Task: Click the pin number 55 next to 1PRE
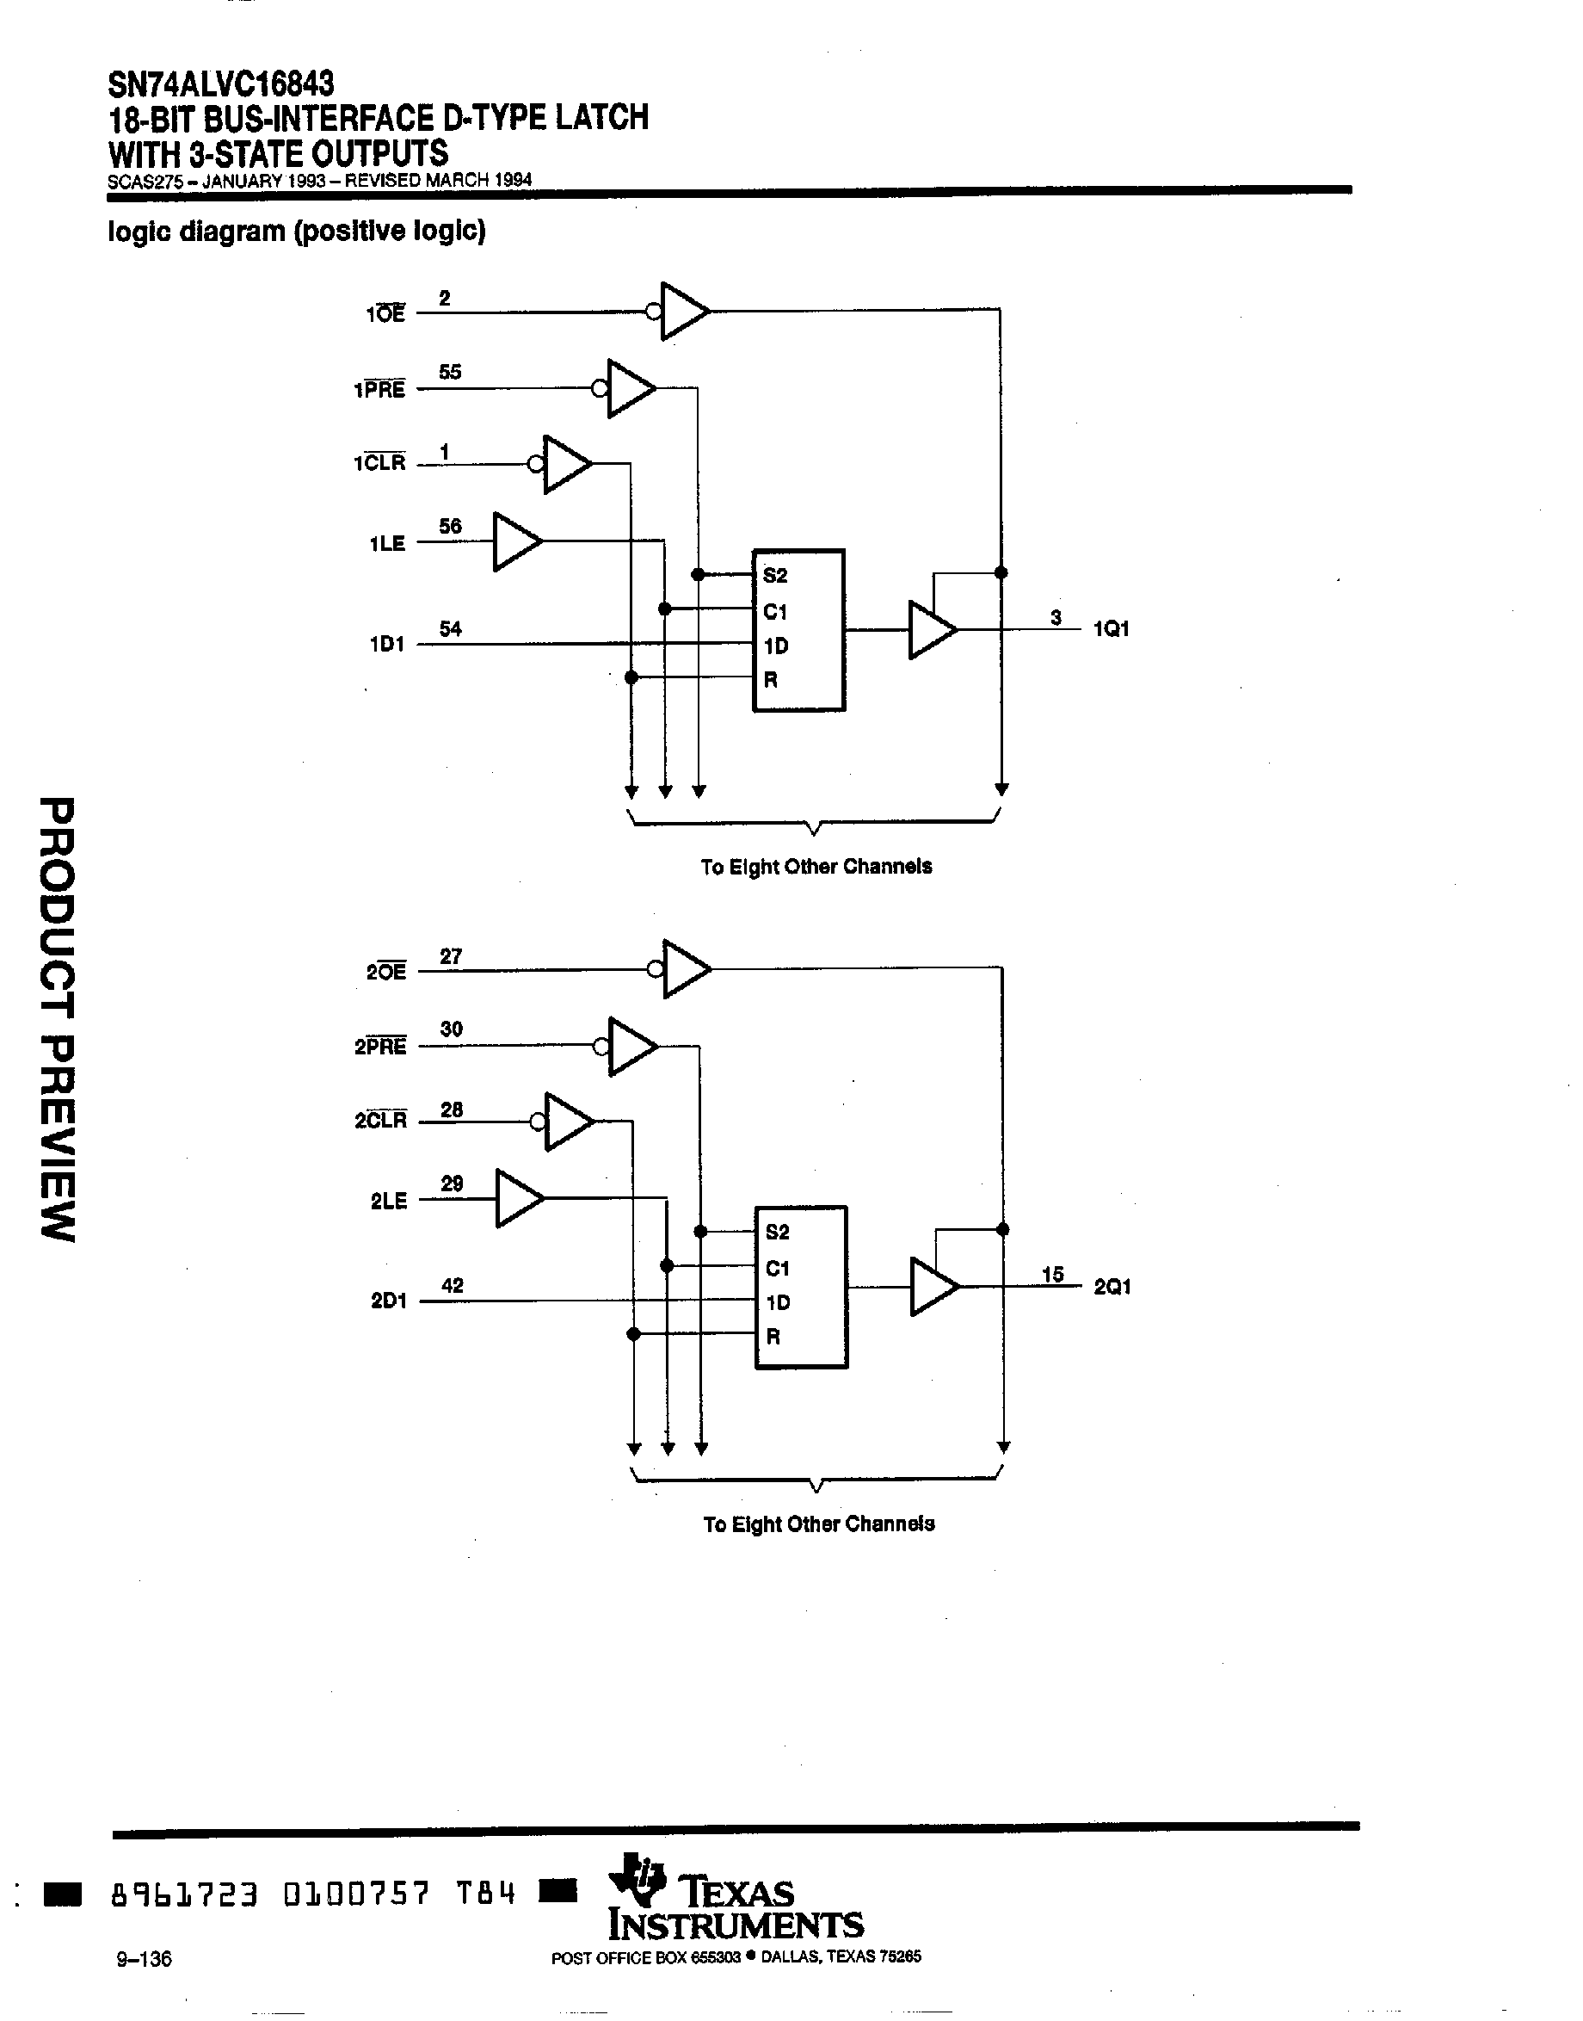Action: [449, 372]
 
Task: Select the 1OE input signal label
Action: [385, 314]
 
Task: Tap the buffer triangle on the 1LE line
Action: [515, 541]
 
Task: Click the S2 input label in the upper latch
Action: [775, 576]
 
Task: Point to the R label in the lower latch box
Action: [773, 1336]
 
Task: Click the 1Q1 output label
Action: [1112, 629]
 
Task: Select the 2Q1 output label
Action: [1112, 1287]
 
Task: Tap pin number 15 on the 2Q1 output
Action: [1052, 1275]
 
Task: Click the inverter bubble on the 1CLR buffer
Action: [536, 464]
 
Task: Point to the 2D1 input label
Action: [388, 1301]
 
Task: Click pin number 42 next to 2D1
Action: [452, 1285]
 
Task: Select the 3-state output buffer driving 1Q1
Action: [931, 630]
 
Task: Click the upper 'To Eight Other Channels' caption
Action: [816, 867]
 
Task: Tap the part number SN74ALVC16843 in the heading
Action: [220, 84]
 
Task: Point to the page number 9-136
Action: [144, 1958]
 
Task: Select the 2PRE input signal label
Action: [380, 1047]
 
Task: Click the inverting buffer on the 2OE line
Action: [684, 970]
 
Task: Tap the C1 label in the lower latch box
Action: [777, 1268]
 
